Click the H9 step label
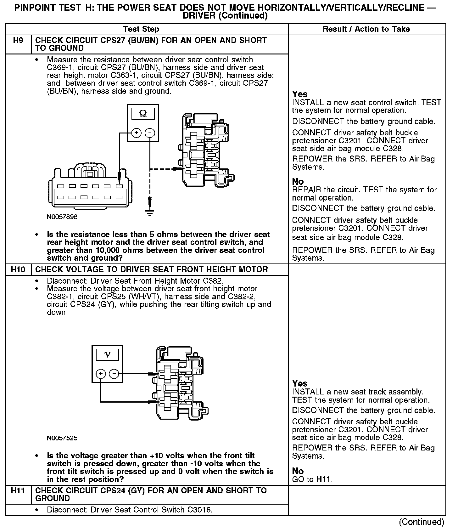(19, 41)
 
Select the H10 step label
(19, 270)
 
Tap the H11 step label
(19, 491)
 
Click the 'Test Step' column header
(141, 29)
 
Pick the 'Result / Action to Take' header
(366, 29)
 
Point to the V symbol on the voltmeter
(107, 355)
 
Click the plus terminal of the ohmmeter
(136, 133)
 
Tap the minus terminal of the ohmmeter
(150, 133)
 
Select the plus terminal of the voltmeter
(101, 374)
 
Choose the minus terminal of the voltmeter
(114, 374)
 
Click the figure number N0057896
(62, 217)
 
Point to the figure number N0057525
(62, 438)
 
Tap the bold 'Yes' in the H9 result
(300, 94)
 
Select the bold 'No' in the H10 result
(298, 471)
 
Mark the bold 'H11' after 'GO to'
(324, 479)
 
